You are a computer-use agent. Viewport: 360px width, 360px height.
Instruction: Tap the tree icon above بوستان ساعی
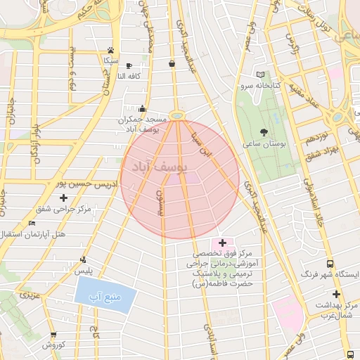264,131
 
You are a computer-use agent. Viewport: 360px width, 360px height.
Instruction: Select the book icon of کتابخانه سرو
261,75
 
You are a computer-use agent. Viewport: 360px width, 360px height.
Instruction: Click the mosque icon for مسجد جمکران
143,109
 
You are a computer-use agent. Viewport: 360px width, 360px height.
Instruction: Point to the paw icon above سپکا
111,50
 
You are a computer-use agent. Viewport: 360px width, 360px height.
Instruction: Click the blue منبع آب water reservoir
98,290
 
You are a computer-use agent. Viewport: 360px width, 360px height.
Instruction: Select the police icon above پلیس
84,259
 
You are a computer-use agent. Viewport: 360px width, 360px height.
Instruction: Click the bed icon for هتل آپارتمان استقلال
32,223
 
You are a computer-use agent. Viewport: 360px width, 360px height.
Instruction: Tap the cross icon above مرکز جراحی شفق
64,198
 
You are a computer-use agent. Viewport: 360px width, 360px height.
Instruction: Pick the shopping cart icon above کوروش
53,335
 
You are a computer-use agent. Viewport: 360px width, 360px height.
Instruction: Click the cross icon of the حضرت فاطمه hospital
224,243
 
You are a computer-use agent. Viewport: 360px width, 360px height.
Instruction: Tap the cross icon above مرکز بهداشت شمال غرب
336,294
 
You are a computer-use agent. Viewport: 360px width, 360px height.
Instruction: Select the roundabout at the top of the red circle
178,115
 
